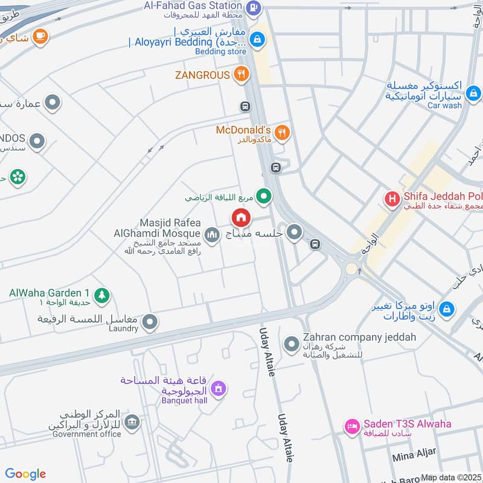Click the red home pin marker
(241, 217)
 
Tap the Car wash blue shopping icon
(474, 94)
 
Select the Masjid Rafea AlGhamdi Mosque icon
(211, 234)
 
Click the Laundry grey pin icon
(150, 322)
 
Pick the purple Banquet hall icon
(220, 388)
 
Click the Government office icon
(132, 422)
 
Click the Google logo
(25, 474)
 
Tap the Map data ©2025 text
(452, 478)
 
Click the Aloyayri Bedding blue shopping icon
(258, 39)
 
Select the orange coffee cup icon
(40, 36)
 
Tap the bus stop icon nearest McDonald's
(275, 167)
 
